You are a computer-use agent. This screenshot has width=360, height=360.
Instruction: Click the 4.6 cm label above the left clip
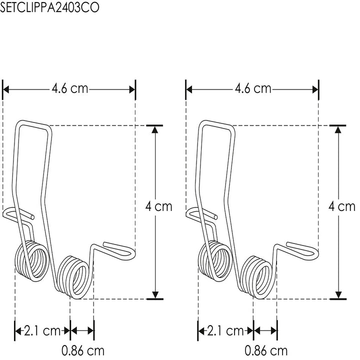70,89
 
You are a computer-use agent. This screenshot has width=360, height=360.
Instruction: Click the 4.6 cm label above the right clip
253,89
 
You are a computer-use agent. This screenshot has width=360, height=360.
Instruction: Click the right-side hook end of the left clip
120,249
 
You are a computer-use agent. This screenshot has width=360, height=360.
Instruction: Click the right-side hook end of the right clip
303,249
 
